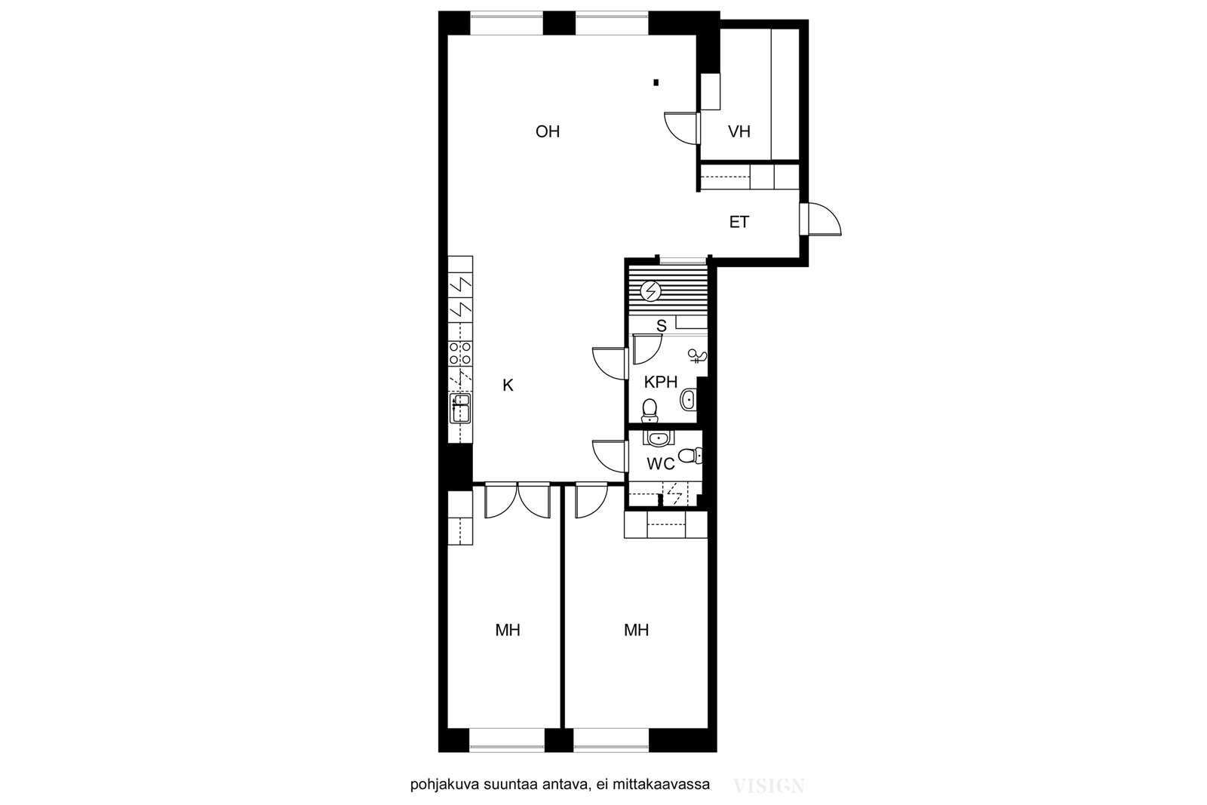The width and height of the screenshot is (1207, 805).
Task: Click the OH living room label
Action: point(548,131)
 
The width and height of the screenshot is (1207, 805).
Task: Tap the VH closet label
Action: point(739,131)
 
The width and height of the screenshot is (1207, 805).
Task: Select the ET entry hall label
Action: point(739,222)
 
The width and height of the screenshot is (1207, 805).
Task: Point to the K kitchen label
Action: point(508,386)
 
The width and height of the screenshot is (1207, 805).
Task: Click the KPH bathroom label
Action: point(661,382)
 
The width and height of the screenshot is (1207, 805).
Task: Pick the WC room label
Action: point(661,463)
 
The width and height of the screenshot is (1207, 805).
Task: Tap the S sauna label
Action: point(661,325)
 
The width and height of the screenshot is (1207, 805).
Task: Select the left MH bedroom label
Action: point(508,630)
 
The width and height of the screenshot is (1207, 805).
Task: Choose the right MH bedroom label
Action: point(637,630)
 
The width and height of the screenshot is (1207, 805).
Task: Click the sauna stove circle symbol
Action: point(650,291)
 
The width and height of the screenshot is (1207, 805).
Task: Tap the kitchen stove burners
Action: point(460,353)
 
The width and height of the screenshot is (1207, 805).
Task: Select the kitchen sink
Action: point(460,408)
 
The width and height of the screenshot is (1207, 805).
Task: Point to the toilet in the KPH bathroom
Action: point(650,410)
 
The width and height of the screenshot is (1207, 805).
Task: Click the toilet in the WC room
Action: point(689,456)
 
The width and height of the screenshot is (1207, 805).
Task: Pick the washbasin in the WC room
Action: point(658,438)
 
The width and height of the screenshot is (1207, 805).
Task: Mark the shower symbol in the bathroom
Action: point(697,355)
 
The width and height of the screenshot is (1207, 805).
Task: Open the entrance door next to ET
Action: point(820,220)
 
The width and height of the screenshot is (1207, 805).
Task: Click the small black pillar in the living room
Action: point(656,82)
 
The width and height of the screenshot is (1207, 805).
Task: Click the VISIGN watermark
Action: point(769,786)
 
